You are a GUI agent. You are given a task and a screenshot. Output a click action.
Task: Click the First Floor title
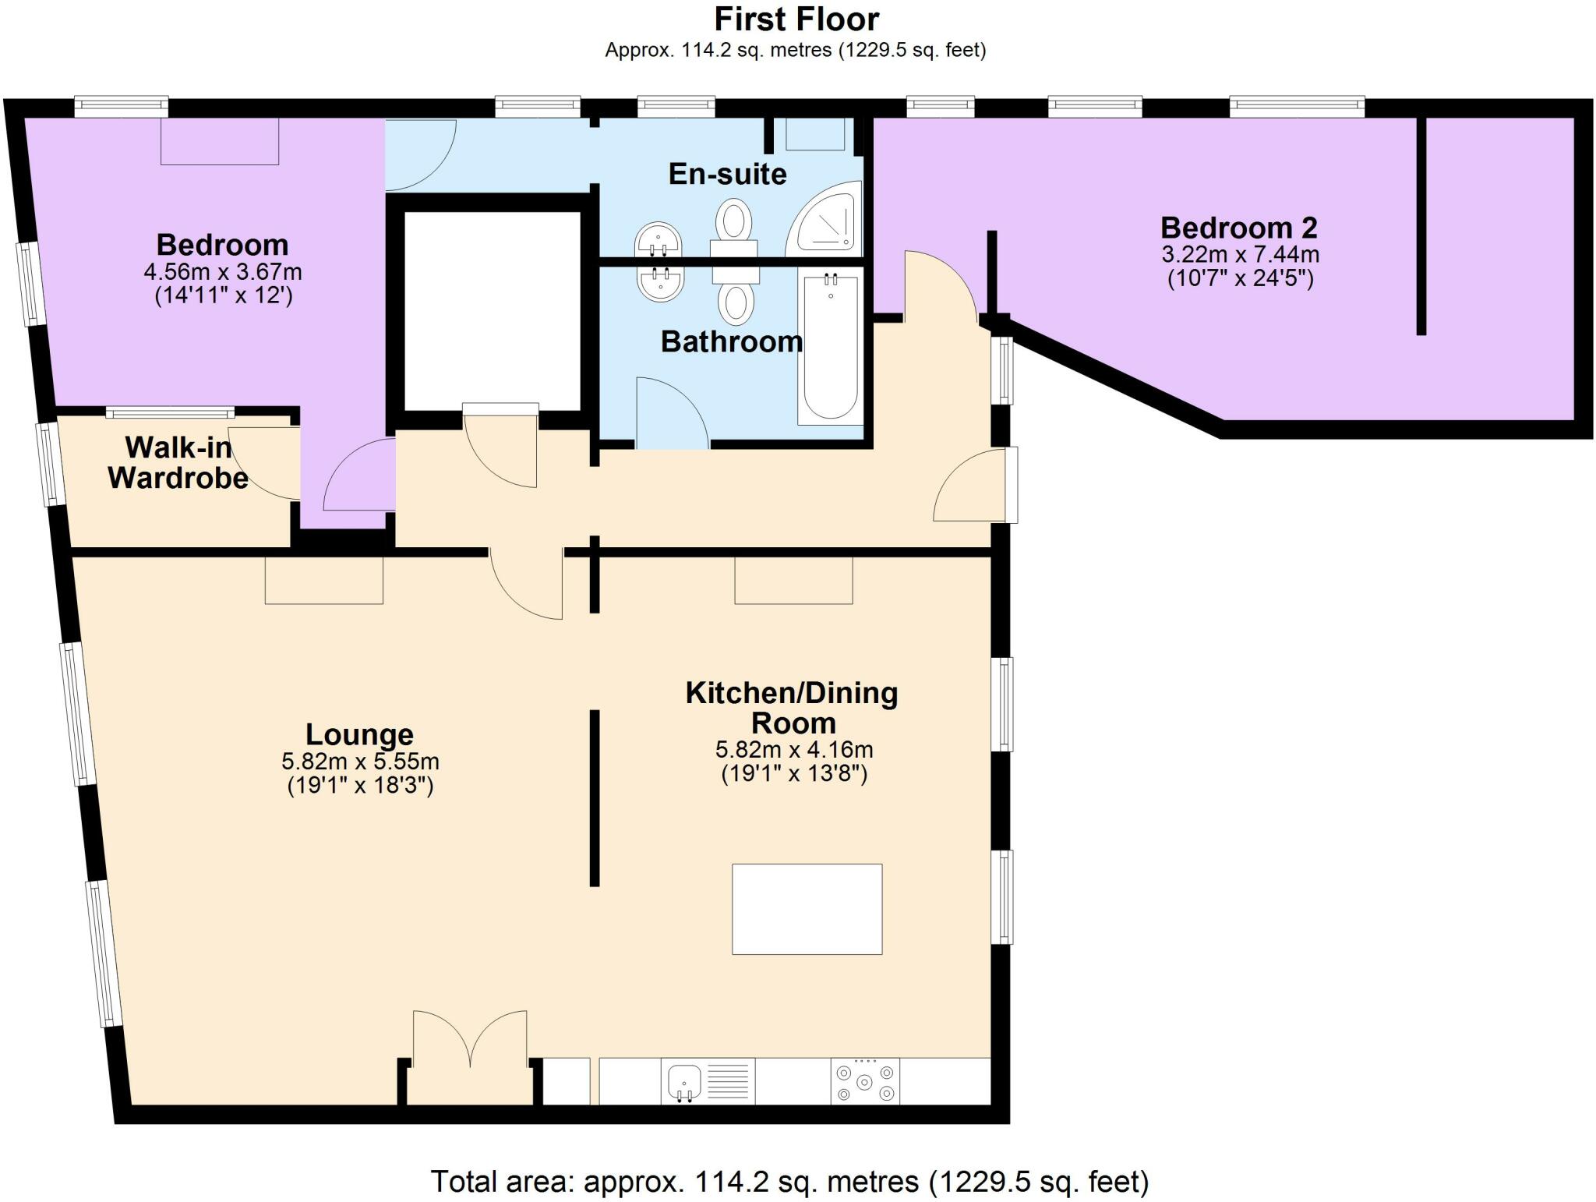[796, 19]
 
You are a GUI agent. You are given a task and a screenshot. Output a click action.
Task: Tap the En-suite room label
[727, 174]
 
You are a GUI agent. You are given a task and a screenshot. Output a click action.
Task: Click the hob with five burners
[864, 1081]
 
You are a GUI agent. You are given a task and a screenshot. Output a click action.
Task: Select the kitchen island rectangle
[807, 909]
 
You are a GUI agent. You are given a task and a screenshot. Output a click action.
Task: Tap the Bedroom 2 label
[1238, 228]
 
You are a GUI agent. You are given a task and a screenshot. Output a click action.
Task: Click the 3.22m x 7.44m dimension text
[1240, 254]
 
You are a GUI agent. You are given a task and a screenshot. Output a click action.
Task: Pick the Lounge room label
[359, 734]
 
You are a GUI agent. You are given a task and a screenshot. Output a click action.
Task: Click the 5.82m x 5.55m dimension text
[360, 761]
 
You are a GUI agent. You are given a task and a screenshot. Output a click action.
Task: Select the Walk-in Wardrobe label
[178, 462]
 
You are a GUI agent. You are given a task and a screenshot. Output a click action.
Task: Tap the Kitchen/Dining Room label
[792, 707]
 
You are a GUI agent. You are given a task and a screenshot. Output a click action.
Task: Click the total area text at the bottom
[789, 1182]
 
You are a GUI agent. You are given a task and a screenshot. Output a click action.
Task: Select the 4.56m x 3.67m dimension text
[223, 272]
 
